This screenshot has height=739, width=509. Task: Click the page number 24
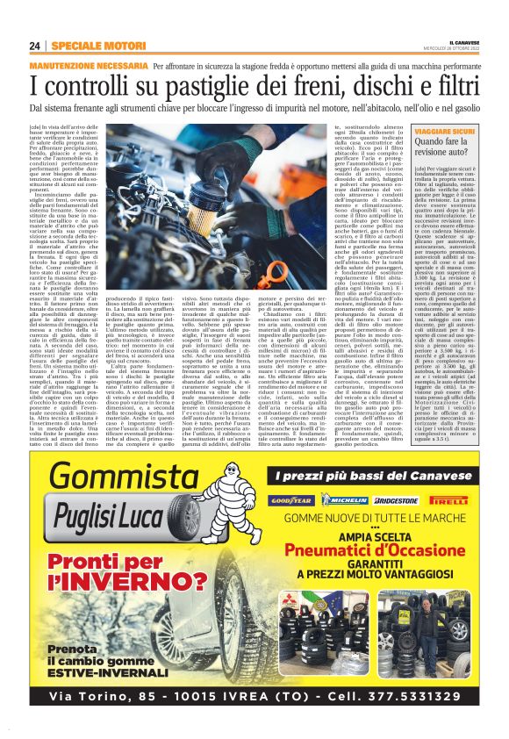point(35,46)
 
